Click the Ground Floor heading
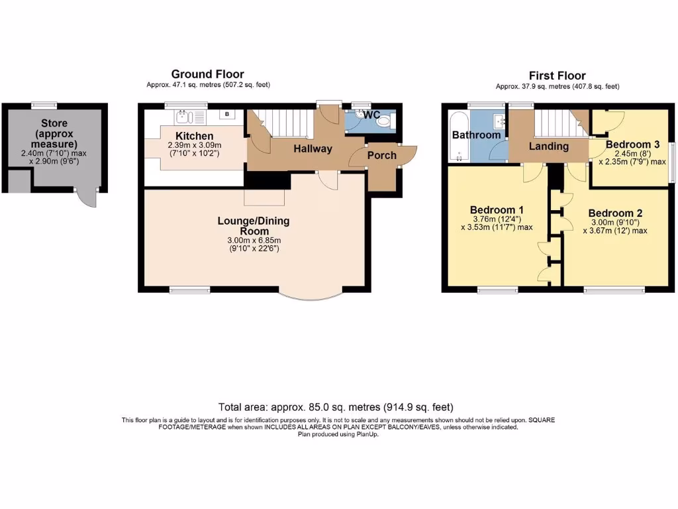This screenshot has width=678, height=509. (207, 74)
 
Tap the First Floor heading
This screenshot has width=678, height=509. (557, 76)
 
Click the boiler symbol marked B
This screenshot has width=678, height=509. (228, 115)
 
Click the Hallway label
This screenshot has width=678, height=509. (313, 148)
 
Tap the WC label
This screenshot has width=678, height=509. (371, 115)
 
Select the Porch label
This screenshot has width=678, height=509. (381, 155)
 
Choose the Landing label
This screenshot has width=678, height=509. (549, 146)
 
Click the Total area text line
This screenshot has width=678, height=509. (336, 407)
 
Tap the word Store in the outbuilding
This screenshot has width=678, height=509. (54, 123)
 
